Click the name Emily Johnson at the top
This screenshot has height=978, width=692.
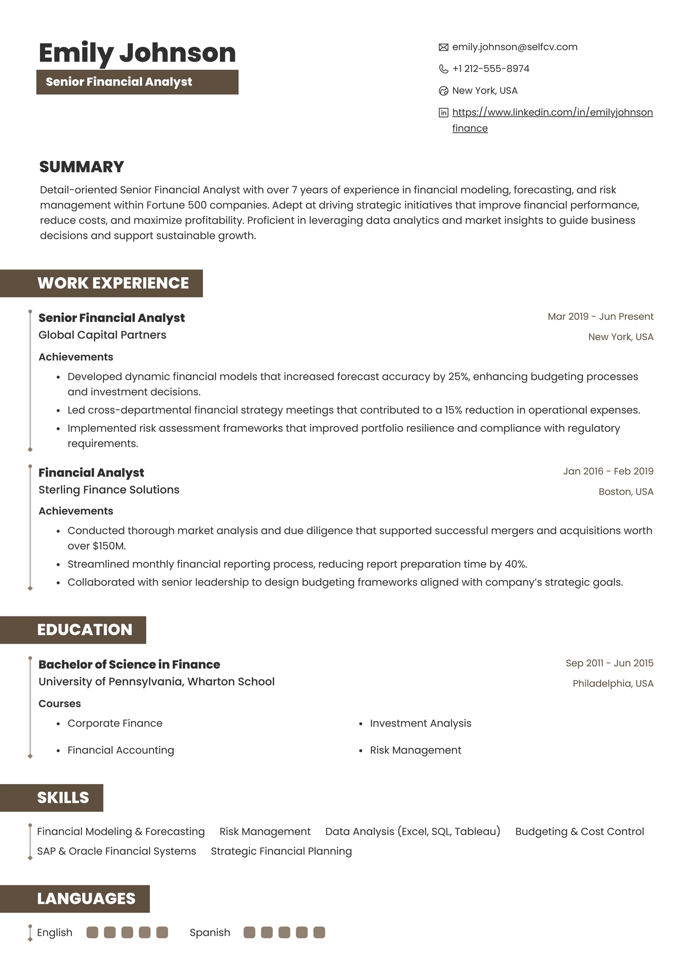tap(137, 53)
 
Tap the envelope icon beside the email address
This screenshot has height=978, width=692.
tap(443, 47)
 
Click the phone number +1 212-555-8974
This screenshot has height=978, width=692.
tap(491, 69)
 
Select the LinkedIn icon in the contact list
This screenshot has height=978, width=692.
tap(443, 112)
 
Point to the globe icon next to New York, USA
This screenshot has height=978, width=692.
tap(443, 91)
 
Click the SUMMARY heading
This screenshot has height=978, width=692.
tap(82, 167)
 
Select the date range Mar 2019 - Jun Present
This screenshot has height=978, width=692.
tap(600, 316)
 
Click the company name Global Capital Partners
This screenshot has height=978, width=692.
tap(103, 335)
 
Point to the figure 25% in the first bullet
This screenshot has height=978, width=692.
tap(458, 376)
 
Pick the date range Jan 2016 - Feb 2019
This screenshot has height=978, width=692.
tap(608, 471)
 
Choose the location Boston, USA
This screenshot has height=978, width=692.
tap(626, 491)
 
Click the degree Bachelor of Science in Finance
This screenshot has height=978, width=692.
tap(129, 664)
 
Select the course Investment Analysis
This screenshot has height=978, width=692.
tap(420, 723)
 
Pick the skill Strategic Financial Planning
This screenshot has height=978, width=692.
tap(281, 851)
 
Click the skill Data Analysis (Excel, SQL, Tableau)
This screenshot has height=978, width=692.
tap(413, 831)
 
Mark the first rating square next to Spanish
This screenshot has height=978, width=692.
tap(249, 932)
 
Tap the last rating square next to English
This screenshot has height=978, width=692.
tap(162, 932)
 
